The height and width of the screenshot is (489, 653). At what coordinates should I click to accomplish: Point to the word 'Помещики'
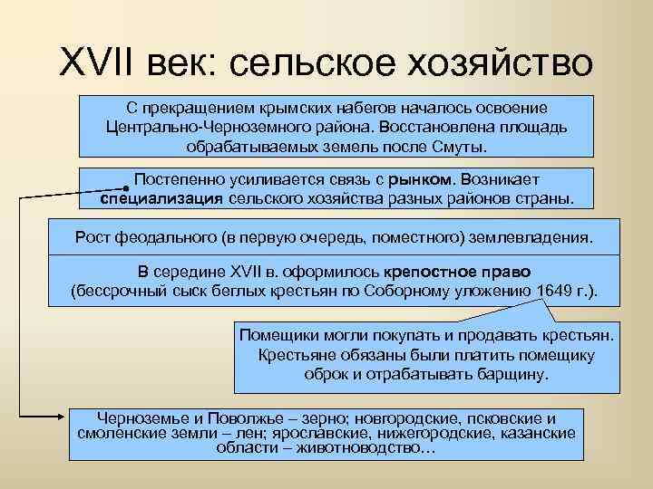275,335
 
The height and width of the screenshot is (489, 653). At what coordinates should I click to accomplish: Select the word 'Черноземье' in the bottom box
137,418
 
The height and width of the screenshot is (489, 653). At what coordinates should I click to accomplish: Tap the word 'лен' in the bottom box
234,434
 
